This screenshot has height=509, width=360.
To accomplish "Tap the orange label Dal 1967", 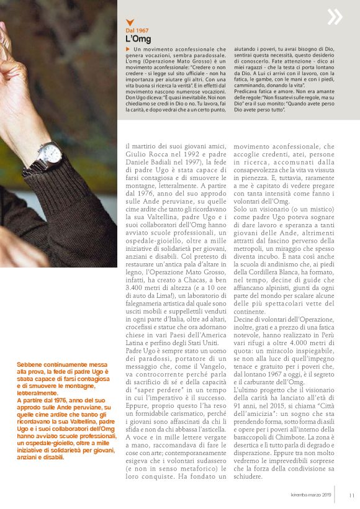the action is [137, 30].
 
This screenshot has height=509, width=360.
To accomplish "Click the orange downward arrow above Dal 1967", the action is [128, 22].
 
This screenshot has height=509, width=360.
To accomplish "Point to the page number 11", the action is [351, 495].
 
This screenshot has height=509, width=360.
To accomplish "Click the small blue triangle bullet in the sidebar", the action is [127, 49].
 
